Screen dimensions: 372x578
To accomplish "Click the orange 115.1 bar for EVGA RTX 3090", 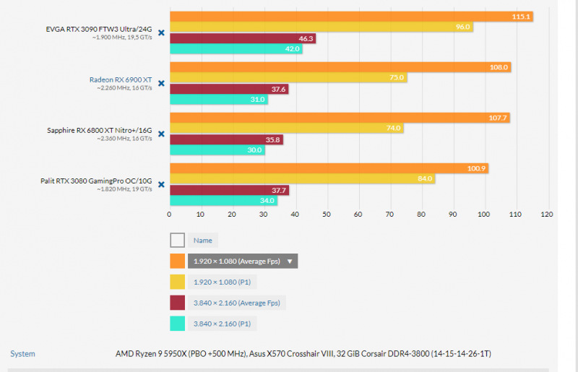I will tap(350, 17).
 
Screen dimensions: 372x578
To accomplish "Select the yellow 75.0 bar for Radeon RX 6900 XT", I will tap(288, 78).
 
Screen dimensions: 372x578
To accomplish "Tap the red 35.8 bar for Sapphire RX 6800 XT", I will tap(226, 139).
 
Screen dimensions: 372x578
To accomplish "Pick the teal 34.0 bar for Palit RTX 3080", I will tap(223, 201).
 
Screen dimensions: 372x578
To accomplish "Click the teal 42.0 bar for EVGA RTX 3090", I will tap(236, 49).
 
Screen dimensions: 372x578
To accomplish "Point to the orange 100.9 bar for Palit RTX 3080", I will tap(329, 168).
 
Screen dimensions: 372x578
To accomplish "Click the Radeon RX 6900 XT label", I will tap(120, 79).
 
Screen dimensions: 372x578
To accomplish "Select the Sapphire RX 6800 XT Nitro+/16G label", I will tap(99, 130).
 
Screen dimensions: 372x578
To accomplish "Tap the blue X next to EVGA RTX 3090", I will tap(161, 33).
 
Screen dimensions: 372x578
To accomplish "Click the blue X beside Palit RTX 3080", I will tap(161, 184).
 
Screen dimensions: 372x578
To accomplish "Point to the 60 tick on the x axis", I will tap(358, 215).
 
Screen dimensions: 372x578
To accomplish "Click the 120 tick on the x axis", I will tap(546, 215).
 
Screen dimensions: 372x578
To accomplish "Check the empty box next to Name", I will tap(177, 241).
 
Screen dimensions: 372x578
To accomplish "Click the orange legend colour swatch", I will tap(177, 261).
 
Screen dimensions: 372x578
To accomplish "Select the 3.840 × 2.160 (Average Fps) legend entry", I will tap(236, 303).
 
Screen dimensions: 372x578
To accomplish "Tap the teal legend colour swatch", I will tap(177, 324).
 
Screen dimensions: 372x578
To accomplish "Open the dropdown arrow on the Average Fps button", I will tap(290, 261).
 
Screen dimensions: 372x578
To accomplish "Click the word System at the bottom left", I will tap(22, 354).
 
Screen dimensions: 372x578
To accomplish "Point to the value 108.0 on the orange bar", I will tap(499, 67).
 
